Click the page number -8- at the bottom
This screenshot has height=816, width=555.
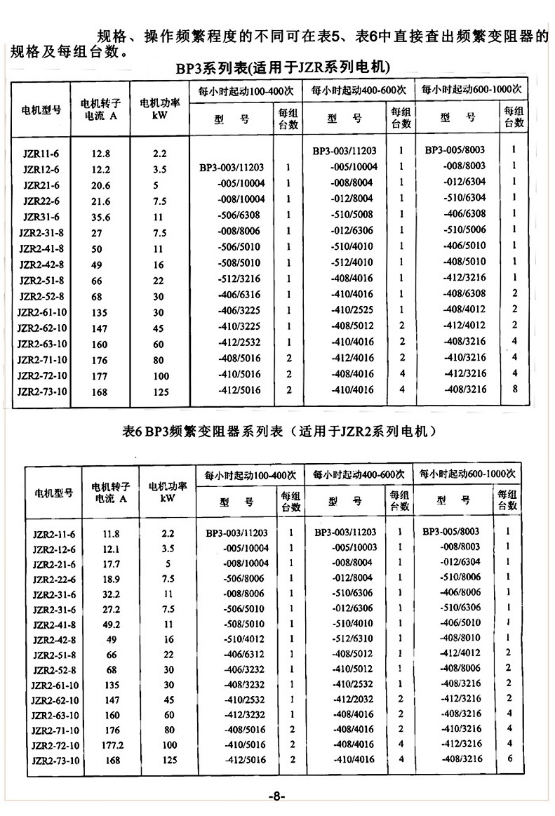[x=276, y=796]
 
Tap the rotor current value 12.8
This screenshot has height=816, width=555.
[x=100, y=152]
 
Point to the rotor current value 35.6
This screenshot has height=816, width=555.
[x=100, y=217]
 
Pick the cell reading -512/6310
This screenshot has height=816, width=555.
[x=353, y=638]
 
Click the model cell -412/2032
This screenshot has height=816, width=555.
[x=353, y=699]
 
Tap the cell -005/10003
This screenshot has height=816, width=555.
[x=353, y=547]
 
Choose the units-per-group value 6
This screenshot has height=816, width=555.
[x=509, y=758]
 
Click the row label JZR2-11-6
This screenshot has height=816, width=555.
[x=54, y=534]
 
